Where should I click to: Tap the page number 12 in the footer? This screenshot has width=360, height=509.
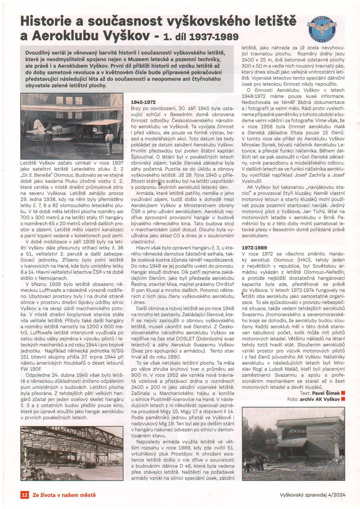click(x=24, y=495)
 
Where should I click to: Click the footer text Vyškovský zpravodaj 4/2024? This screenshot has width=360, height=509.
click(x=311, y=495)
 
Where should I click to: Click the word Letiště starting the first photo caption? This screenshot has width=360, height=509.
click(x=30, y=163)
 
